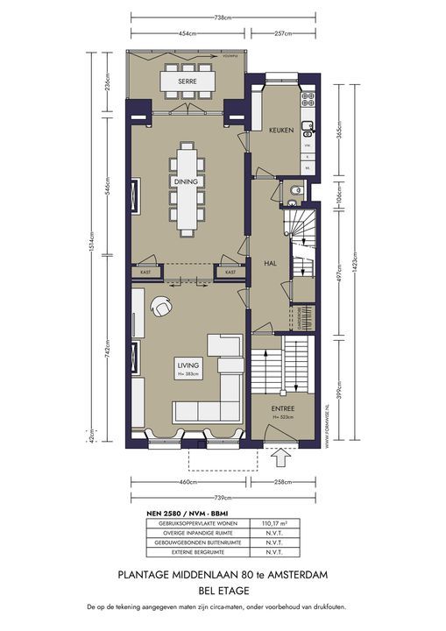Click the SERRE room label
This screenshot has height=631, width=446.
185,81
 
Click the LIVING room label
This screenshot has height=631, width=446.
188,365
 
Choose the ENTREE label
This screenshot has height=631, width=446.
282,408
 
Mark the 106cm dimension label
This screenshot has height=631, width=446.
336,197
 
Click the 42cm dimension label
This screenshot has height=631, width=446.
106,436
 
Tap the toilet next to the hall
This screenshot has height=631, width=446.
298,188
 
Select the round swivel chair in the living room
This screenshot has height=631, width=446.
162,308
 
